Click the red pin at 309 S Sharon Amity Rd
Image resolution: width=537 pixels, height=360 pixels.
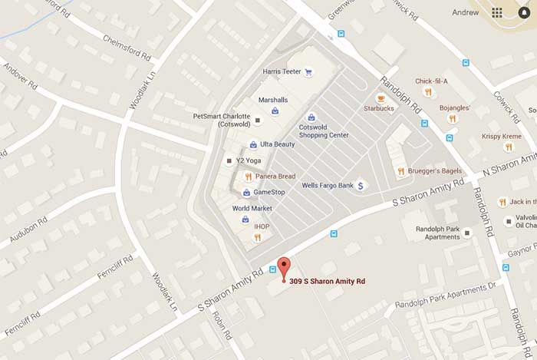coord(285,268)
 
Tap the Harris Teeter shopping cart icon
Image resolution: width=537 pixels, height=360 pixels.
coord(308,72)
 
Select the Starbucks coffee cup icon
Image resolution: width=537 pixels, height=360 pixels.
coord(381,98)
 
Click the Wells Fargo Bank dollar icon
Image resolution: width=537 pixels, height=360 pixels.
coord(361,186)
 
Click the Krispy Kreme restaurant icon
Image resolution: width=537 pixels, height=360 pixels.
coord(508,147)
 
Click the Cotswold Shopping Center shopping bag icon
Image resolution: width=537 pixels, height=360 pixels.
coord(311,117)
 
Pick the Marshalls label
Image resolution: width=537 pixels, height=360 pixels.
coord(272,100)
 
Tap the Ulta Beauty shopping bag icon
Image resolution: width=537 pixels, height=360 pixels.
coord(253,144)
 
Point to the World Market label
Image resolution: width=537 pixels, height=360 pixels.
coord(252,208)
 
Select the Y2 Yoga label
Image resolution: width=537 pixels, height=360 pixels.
coord(249,160)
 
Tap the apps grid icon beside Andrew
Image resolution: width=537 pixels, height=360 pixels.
coord(497,12)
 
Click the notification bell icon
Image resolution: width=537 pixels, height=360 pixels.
coord(524,12)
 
